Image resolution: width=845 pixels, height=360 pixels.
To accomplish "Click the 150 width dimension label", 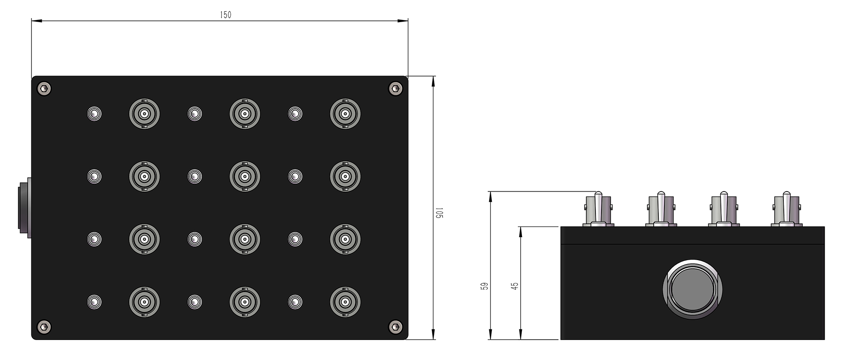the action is (226, 15).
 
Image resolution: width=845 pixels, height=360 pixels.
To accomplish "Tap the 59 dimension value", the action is (484, 286).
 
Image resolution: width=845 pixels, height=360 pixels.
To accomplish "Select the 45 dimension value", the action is (515, 286).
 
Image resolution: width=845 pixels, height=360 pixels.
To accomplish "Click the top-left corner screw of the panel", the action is (44, 88).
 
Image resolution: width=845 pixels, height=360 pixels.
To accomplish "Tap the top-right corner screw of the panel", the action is (396, 88).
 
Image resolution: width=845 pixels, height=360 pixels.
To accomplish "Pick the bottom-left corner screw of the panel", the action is (44, 326).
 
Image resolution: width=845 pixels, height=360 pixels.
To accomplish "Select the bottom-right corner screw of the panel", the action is (396, 326).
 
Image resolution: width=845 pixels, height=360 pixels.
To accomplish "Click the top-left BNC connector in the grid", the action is (145, 114).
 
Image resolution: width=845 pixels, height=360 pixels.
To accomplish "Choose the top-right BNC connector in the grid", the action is (345, 114).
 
